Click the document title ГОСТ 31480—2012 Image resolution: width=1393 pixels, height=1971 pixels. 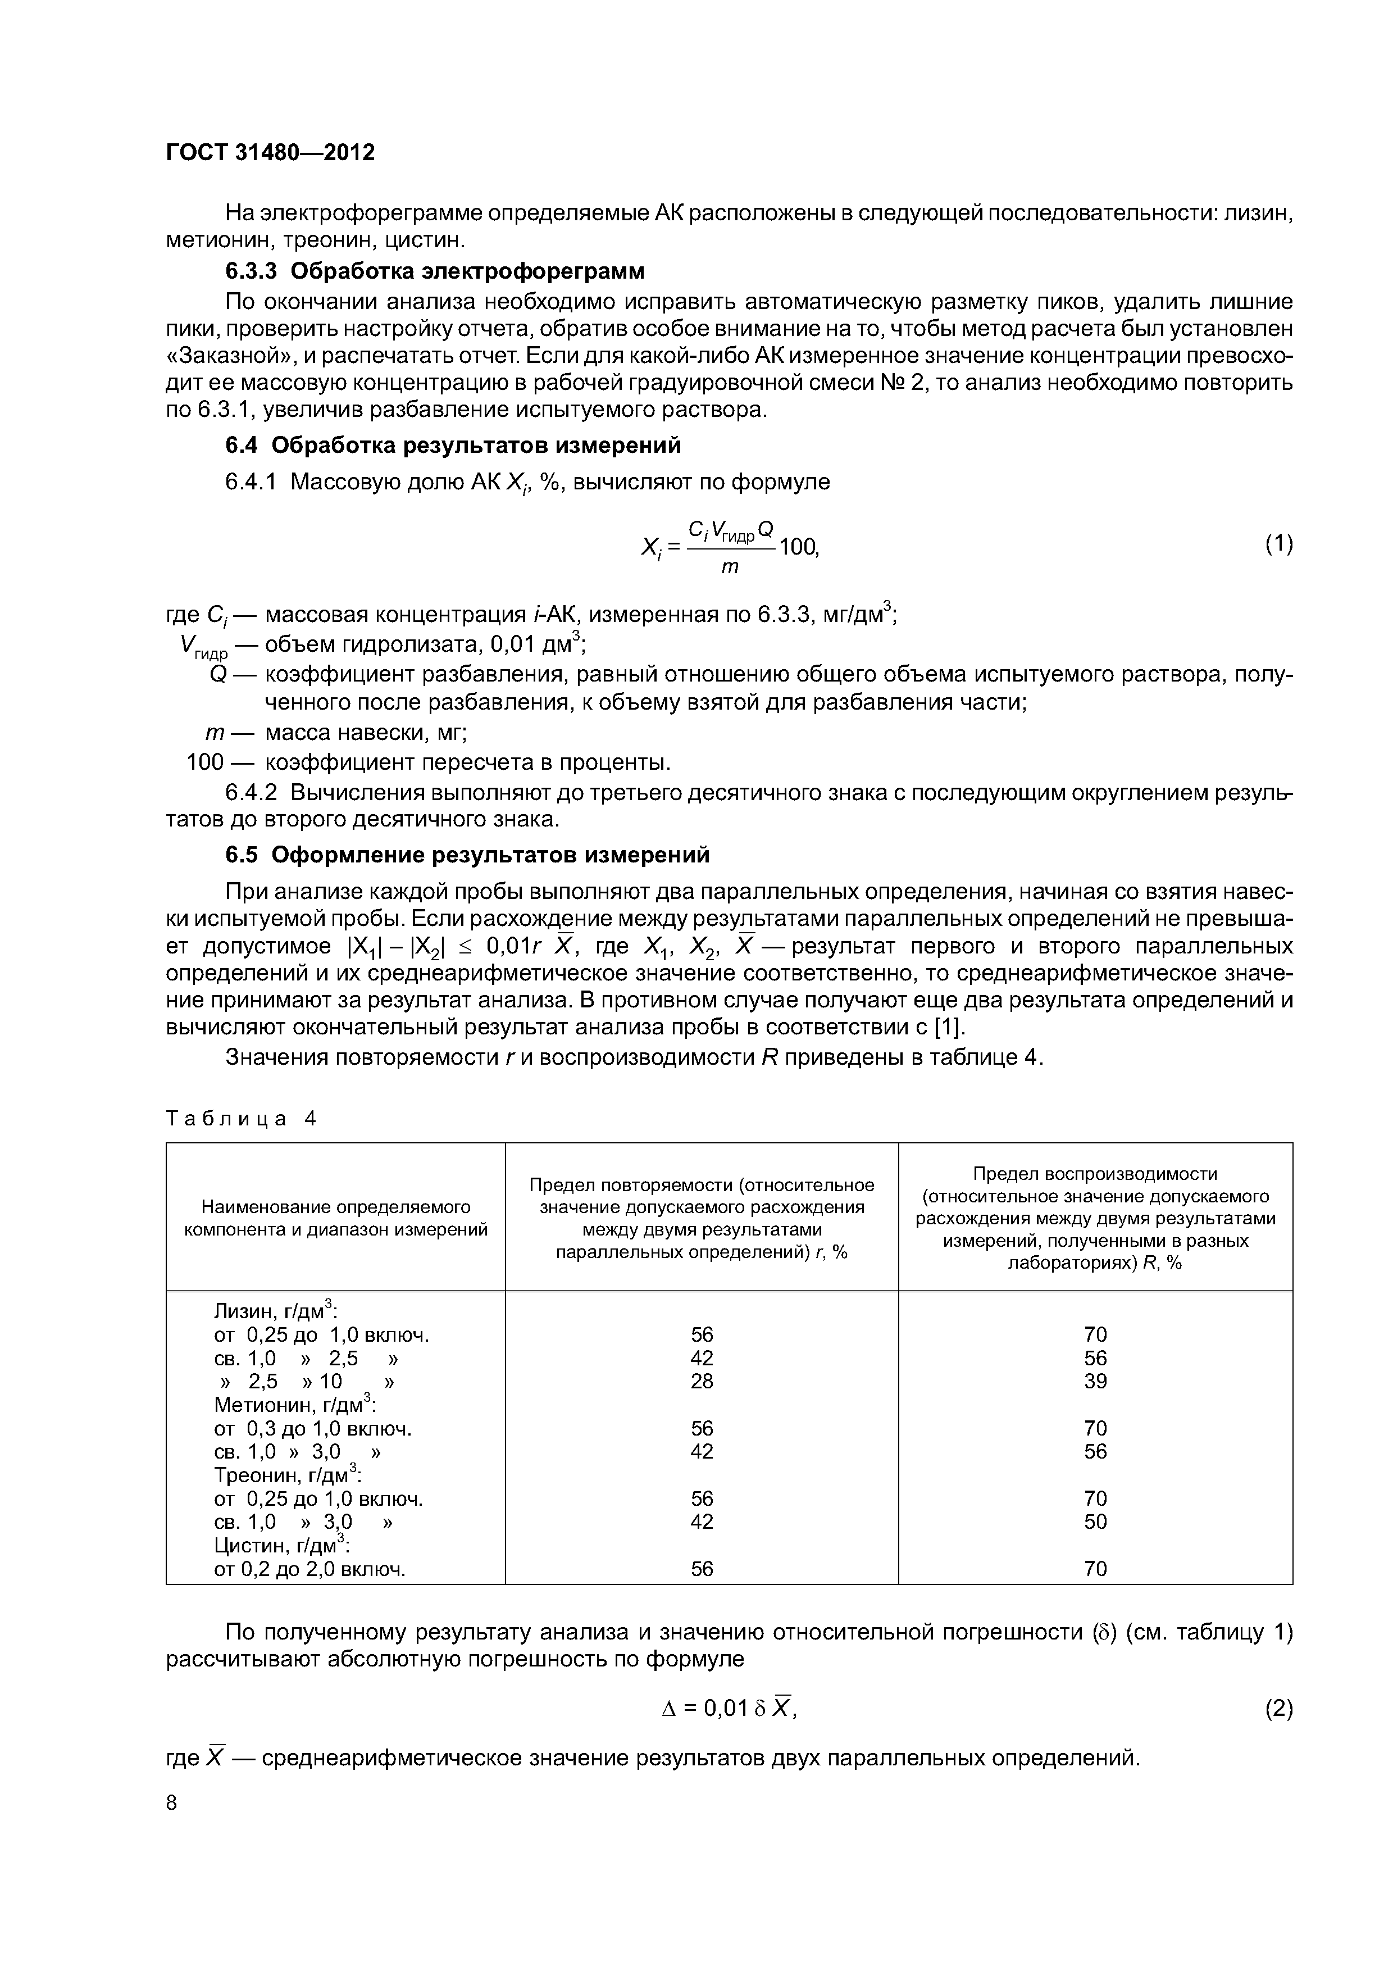[270, 153]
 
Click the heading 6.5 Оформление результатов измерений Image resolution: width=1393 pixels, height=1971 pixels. [468, 855]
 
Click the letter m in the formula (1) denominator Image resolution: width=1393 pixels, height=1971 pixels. [730, 568]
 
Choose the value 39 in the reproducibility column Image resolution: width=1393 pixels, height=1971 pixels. [1095, 1381]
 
